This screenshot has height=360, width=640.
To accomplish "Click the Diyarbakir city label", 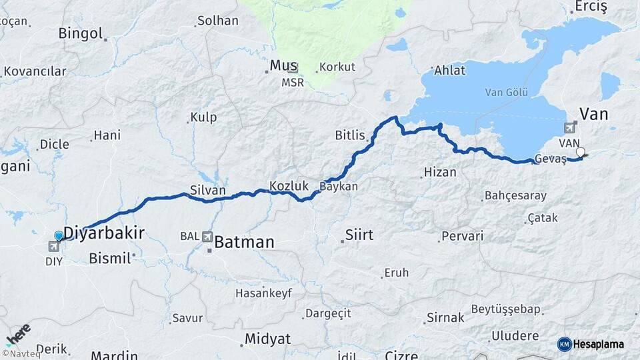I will point(104,232).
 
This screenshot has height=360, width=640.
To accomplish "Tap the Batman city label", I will point(244,242).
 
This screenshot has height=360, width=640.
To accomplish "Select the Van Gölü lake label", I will point(507,92).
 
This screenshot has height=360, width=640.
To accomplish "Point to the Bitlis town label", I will point(350,135).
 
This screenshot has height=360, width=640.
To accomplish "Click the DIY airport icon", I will point(53,247).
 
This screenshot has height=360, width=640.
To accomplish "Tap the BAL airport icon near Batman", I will point(207,236).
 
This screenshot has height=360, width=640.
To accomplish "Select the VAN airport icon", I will point(570,128).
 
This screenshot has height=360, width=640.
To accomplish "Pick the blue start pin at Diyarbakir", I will point(59,235).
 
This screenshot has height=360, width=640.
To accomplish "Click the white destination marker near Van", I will point(580,152).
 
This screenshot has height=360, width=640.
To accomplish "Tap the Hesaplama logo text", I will point(599,344).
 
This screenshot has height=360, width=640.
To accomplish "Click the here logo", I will point(19,332).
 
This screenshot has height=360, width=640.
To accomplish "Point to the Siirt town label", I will point(359,235).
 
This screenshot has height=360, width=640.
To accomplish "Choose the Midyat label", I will point(267,339).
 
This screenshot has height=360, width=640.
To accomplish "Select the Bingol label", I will point(80,33).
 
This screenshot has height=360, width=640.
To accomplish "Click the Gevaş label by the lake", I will point(551,159).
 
